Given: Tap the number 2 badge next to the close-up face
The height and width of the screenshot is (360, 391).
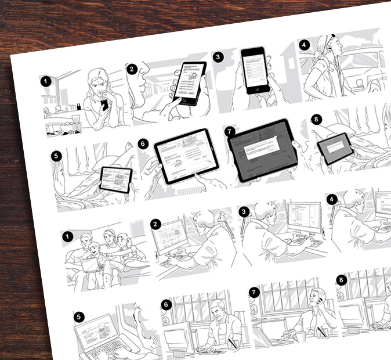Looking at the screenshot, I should [x=132, y=69].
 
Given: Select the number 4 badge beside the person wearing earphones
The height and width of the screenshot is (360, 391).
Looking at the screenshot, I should [x=303, y=45].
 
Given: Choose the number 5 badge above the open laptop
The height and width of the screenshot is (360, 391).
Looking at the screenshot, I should [x=79, y=317].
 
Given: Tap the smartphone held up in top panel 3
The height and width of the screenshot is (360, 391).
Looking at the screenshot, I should [x=255, y=69].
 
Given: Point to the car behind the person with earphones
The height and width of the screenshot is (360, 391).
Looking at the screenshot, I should [x=365, y=65].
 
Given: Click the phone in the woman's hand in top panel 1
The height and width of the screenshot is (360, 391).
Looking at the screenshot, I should [x=104, y=105].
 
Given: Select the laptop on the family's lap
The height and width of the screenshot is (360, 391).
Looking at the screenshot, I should [x=89, y=265].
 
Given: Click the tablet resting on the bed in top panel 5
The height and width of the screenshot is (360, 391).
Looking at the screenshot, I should [x=115, y=179].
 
